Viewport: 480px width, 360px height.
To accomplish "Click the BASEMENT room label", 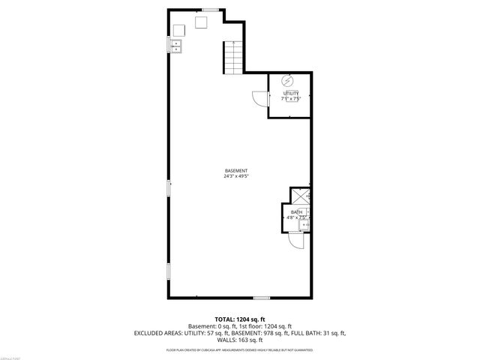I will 236,170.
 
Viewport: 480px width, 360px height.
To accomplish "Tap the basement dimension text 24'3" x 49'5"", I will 236,177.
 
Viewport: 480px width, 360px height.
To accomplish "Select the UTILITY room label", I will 290,93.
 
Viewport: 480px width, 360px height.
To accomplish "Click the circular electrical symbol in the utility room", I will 286,80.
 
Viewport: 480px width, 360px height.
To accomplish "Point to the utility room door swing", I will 259,97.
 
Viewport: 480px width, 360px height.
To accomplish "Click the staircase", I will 234,57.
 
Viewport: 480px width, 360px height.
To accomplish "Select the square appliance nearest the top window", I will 201,23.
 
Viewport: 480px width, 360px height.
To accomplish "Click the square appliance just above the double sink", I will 180,30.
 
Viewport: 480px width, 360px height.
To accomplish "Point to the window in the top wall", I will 211,9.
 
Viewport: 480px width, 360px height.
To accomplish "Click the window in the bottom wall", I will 261,298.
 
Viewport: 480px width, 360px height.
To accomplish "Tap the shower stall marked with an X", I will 301,196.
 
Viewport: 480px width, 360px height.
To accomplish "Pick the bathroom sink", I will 304,223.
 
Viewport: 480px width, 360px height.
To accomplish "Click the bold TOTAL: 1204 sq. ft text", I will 239,319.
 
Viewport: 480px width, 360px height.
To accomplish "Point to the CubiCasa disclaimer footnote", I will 239,350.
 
